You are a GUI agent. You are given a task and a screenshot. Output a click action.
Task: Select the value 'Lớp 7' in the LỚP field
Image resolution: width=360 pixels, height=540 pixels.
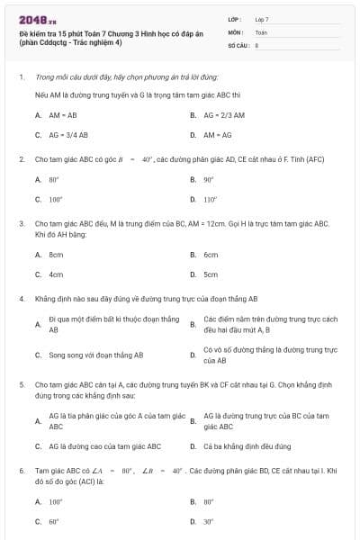click(262, 19)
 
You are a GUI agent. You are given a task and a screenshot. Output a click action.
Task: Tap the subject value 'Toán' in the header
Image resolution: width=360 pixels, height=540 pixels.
click(261, 31)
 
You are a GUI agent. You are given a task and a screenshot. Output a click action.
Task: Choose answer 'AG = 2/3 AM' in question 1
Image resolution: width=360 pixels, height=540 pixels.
click(223, 115)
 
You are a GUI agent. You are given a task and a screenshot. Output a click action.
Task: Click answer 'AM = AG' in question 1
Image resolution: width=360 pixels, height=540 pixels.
click(218, 135)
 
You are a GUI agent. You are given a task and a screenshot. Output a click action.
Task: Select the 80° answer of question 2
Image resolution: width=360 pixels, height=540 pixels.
click(55, 180)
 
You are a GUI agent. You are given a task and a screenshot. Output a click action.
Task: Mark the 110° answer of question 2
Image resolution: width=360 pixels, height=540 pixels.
click(211, 200)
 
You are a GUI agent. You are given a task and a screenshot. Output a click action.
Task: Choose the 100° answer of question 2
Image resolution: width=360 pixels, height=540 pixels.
click(56, 200)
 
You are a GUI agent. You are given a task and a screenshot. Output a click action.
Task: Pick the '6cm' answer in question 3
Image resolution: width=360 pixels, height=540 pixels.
click(211, 255)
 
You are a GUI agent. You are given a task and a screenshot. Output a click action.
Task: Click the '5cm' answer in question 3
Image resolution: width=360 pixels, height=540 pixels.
click(211, 274)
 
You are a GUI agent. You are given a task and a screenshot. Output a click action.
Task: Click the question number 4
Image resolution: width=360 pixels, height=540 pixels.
click(21, 298)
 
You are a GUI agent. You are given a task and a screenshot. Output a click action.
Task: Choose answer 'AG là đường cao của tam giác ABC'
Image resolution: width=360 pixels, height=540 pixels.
click(104, 445)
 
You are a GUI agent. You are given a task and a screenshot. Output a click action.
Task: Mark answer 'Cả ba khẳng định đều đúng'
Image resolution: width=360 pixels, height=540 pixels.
click(246, 445)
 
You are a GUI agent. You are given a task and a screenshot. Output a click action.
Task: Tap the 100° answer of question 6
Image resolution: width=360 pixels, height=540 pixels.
click(56, 501)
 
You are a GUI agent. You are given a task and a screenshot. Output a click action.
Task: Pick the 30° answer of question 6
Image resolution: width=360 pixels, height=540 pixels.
click(209, 521)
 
